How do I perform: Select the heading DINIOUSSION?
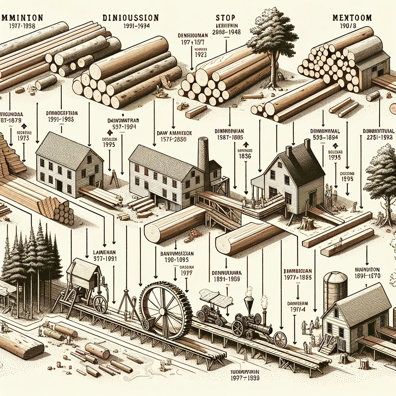(x=130, y=18)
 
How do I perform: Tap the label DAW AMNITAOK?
(x=172, y=133)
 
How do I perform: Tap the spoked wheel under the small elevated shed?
(x=100, y=304)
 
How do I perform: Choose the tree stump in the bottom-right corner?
(x=364, y=364)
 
